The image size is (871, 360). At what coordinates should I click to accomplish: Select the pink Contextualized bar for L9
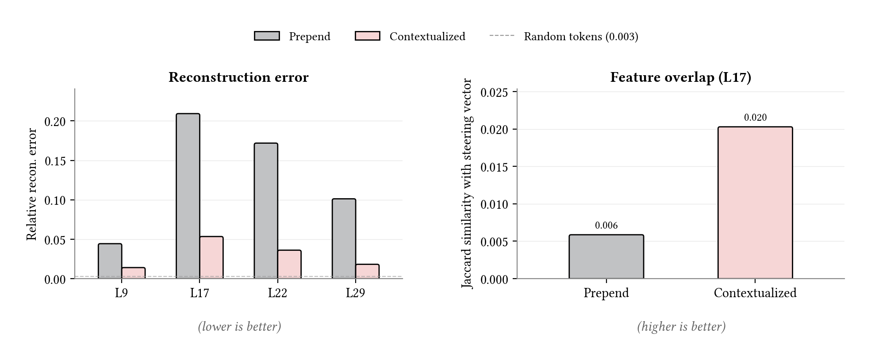point(134,273)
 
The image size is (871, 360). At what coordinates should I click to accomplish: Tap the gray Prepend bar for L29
point(344,239)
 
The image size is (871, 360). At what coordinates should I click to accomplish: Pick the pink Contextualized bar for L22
point(289,264)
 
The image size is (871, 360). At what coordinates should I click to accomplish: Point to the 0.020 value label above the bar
point(755,118)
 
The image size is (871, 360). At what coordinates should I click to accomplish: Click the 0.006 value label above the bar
point(606,226)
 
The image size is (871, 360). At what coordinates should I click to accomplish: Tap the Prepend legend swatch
point(267,36)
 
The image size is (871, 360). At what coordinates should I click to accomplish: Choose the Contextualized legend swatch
point(367,36)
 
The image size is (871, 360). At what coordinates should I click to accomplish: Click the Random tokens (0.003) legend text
point(581,37)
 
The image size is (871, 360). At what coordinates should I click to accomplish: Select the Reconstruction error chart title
point(238,77)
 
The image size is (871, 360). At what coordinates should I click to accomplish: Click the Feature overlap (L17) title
point(680,77)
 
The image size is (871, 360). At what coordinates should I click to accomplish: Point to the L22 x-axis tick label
point(277,293)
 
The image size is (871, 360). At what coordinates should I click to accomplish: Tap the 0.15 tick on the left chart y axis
point(55,161)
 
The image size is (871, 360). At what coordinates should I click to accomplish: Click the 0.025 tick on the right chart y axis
point(494,92)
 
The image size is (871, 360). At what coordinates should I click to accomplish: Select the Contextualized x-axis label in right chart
point(755,293)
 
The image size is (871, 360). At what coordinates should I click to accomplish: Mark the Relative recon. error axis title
point(32,184)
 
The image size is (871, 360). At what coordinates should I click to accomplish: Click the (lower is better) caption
point(239,327)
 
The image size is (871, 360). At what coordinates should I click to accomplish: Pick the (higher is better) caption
point(681,327)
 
